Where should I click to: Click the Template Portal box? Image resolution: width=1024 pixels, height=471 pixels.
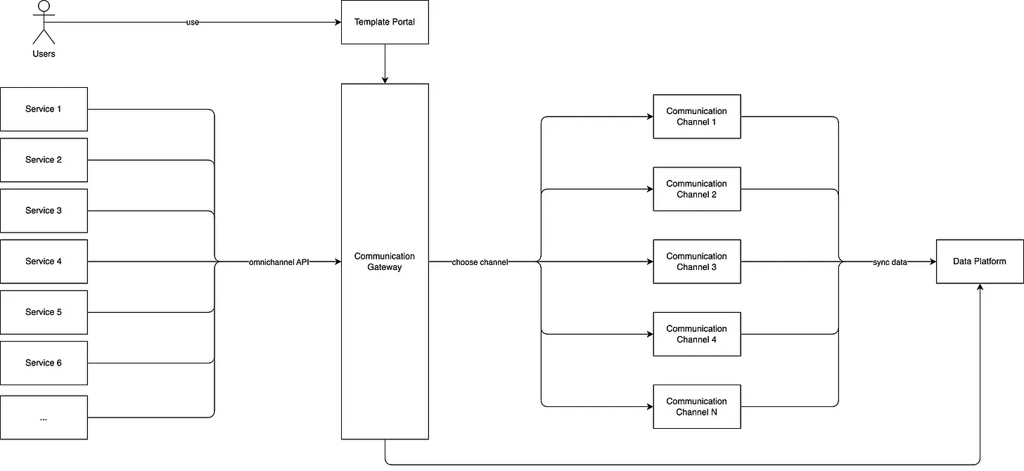pyautogui.click(x=385, y=22)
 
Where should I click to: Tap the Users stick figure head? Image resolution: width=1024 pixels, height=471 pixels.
pyautogui.click(x=44, y=6)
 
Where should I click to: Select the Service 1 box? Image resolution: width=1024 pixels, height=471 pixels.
pyautogui.click(x=44, y=109)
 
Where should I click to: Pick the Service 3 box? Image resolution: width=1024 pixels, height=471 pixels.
pyautogui.click(x=44, y=211)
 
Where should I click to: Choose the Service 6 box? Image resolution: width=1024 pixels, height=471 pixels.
pyautogui.click(x=44, y=363)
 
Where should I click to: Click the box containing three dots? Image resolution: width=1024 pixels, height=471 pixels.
pyautogui.click(x=44, y=418)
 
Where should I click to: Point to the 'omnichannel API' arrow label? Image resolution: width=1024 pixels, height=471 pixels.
pyautogui.click(x=279, y=262)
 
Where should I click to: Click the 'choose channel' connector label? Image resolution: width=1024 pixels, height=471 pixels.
pyautogui.click(x=480, y=262)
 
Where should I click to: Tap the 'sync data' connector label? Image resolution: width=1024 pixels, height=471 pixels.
pyautogui.click(x=890, y=262)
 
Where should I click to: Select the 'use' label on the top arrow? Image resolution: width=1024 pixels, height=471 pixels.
pyautogui.click(x=193, y=22)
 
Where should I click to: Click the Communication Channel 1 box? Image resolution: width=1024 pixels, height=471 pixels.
pyautogui.click(x=697, y=117)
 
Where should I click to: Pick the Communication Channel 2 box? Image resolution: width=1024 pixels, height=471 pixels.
pyautogui.click(x=697, y=189)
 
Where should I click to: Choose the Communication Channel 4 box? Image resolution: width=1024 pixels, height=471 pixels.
pyautogui.click(x=697, y=334)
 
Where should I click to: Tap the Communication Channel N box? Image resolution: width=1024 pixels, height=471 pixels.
pyautogui.click(x=697, y=406)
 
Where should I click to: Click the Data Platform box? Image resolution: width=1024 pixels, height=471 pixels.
pyautogui.click(x=980, y=262)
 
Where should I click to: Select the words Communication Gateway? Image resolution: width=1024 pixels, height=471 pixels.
pyautogui.click(x=385, y=262)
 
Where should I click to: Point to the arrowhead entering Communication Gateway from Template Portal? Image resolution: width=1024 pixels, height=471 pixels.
pyautogui.click(x=385, y=80)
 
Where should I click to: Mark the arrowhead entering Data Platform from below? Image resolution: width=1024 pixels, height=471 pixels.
pyautogui.click(x=980, y=287)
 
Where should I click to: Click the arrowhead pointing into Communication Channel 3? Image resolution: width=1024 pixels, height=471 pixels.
pyautogui.click(x=650, y=262)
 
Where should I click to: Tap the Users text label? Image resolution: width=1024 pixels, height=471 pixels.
pyautogui.click(x=44, y=54)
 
